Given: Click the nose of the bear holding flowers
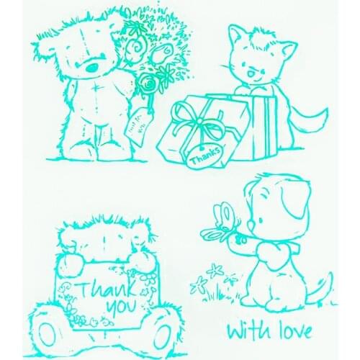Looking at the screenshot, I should coord(91,66).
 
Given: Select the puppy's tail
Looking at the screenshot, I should coord(318,288).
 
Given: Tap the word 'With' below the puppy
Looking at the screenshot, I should coord(244,331).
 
